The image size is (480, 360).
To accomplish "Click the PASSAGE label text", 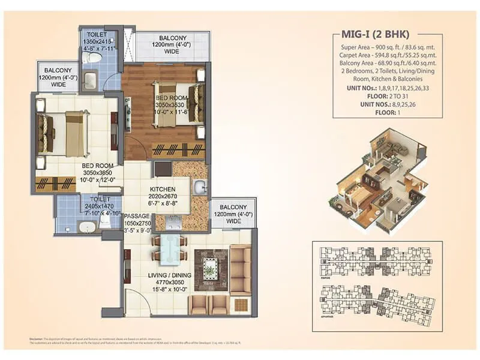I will tap(136, 215).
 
